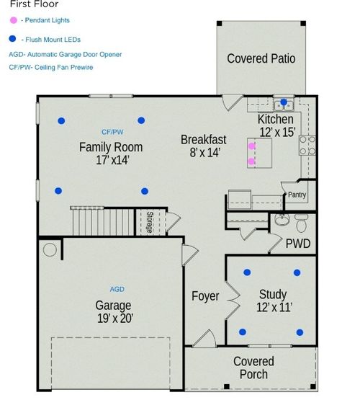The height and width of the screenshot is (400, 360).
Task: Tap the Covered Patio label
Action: [261, 58]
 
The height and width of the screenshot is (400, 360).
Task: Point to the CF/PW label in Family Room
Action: [112, 133]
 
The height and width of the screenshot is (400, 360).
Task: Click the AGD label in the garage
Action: [117, 289]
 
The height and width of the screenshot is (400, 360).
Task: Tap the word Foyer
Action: [205, 296]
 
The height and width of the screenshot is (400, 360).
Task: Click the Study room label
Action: [273, 294]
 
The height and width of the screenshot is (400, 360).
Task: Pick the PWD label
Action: [298, 244]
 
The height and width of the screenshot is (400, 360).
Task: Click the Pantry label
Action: [297, 195]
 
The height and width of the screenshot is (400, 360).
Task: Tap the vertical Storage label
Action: [150, 223]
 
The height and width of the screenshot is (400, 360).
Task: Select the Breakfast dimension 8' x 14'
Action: [204, 152]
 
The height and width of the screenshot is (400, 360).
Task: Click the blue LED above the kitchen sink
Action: [284, 102]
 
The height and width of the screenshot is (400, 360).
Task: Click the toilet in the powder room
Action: [302, 218]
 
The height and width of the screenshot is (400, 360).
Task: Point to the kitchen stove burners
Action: [306, 146]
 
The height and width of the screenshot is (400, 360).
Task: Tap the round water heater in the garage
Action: [50, 250]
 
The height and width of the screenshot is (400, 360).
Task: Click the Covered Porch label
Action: [253, 368]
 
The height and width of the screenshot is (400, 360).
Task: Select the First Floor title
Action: [34, 4]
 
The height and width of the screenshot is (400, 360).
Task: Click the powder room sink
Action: [281, 219]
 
